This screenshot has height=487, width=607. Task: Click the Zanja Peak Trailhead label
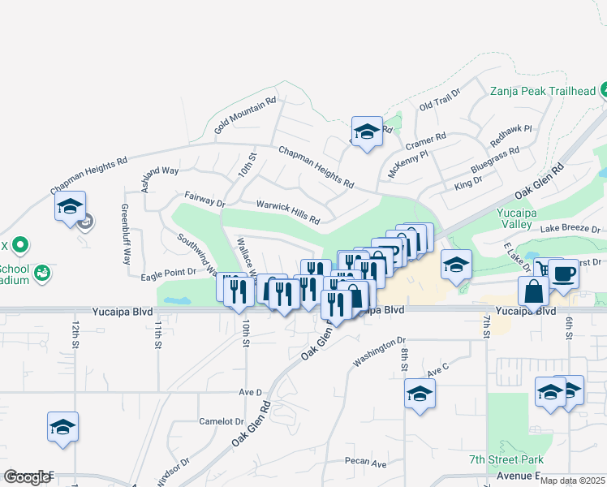click(543, 91)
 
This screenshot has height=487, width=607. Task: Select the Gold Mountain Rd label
click(245, 115)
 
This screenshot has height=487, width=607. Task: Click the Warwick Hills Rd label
click(288, 213)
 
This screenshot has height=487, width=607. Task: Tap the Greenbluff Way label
click(126, 235)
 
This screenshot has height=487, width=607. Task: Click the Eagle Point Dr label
click(168, 275)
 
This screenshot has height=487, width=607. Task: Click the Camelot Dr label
click(222, 421)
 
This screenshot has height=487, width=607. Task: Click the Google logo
click(27, 477)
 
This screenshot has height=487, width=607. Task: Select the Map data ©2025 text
click(573, 481)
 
